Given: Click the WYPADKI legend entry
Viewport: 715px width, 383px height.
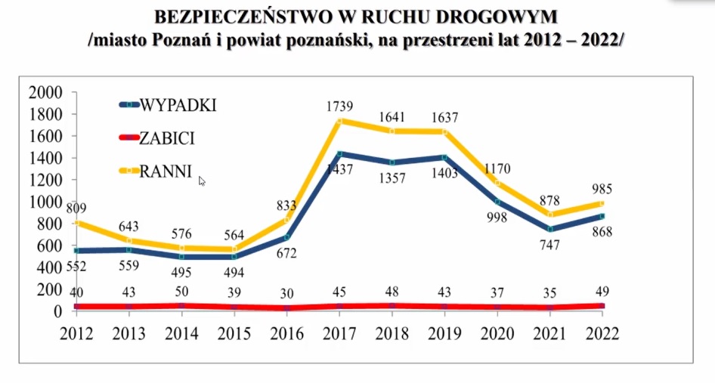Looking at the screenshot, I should [178, 105].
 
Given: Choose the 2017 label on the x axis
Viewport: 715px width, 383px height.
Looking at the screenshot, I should [339, 334].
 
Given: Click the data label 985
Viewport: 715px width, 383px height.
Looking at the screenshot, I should [602, 189].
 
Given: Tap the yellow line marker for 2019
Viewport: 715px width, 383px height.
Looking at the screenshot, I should [444, 132].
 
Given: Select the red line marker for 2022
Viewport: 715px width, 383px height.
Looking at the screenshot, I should [602, 306].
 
